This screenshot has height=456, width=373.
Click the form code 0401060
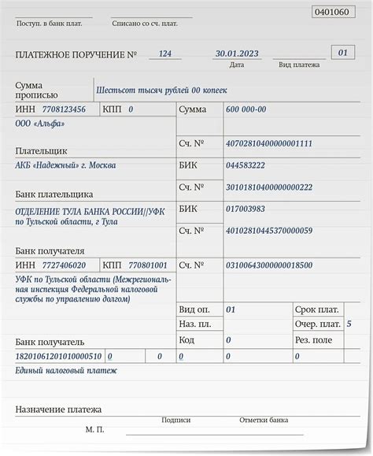coord(332,13)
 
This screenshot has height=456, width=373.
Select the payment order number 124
coord(165,53)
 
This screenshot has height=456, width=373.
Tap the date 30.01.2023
coord(237,53)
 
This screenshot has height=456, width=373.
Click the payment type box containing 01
coord(342,53)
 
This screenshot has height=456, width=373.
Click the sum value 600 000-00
coord(246,109)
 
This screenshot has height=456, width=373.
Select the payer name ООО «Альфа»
coord(39,124)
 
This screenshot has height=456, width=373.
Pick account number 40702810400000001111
coord(268,143)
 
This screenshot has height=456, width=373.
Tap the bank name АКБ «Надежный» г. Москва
coord(65,165)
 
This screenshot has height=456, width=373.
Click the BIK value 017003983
coord(246,209)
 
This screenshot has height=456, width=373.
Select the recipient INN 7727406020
coord(61,265)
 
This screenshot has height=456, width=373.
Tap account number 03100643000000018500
coord(268,265)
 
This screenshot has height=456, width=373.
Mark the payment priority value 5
coord(349,324)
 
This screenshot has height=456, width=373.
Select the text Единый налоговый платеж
coord(66,370)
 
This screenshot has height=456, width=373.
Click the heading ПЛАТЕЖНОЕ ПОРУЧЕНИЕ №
coord(76,54)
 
